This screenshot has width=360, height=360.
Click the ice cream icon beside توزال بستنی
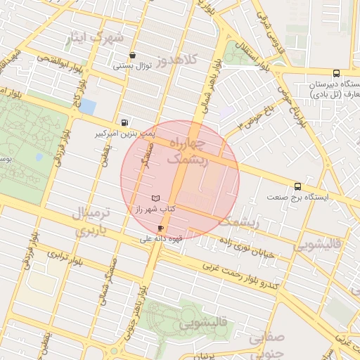click(133, 56)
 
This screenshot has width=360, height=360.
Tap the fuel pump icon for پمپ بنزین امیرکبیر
click(125, 121)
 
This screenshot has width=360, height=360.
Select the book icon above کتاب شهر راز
click(156, 199)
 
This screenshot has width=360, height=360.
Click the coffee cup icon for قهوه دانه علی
click(162, 229)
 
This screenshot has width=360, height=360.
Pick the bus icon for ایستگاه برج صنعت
click(299, 186)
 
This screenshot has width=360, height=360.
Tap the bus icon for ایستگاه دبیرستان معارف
click(336, 73)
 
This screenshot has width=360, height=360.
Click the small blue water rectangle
click(88, 107)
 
